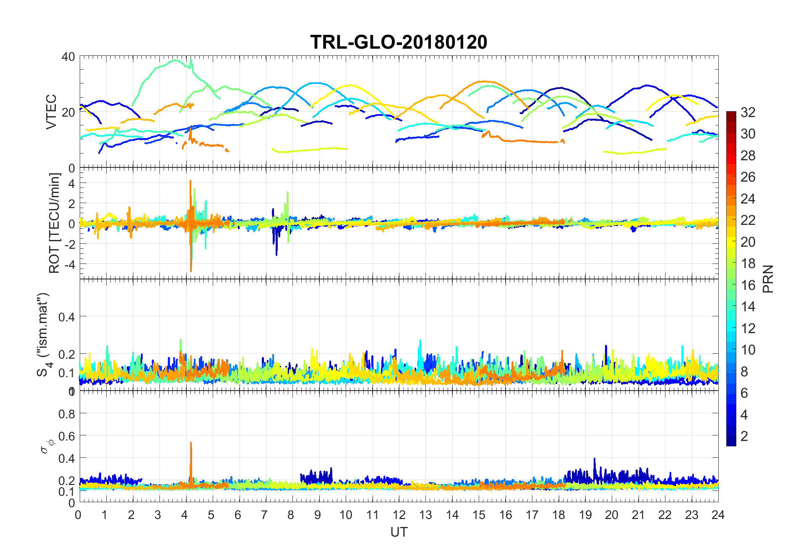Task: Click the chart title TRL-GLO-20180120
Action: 399,42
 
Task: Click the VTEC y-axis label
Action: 51,112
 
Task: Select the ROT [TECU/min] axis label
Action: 55,223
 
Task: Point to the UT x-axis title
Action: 399,532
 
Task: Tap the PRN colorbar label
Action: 768,279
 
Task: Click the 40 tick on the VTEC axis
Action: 68,57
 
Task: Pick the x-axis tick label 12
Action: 399,515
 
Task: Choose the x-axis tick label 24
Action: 718,515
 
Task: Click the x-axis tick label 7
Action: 264,515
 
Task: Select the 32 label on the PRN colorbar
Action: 748,112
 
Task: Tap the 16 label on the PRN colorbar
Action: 748,285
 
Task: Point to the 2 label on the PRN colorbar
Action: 744,436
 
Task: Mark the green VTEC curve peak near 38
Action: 175,60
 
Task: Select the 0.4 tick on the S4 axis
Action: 67,317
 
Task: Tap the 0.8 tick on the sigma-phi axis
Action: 67,414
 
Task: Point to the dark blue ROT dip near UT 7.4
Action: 276,252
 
